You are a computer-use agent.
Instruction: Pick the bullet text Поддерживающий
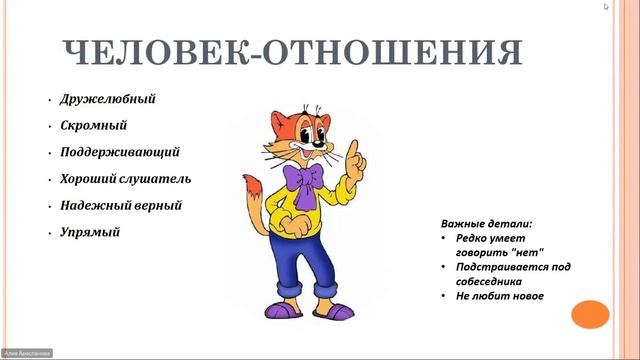(x=119, y=153)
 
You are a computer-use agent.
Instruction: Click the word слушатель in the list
(x=157, y=179)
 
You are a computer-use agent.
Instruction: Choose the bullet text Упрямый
(x=89, y=232)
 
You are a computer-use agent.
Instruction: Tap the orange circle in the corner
(x=589, y=314)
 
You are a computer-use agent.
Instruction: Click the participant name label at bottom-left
(x=27, y=353)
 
